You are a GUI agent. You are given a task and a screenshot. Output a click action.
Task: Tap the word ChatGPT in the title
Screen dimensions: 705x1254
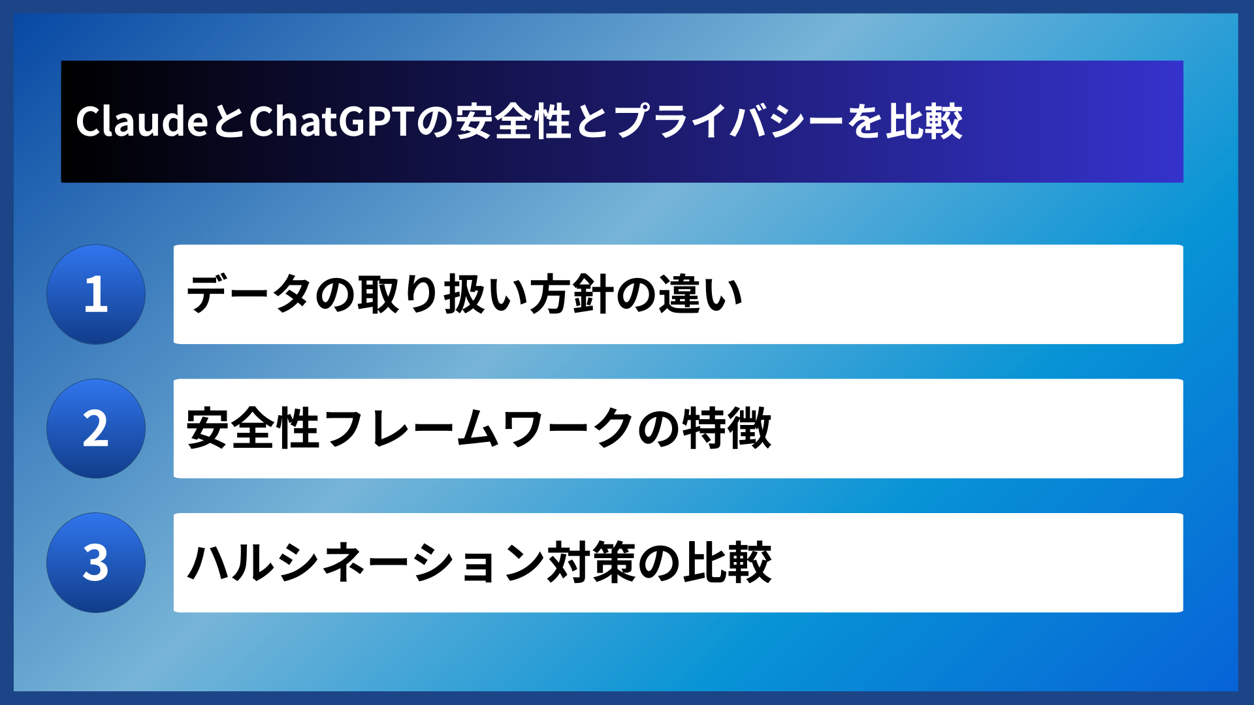click(332, 121)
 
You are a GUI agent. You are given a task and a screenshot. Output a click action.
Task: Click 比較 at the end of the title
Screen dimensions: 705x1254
click(924, 121)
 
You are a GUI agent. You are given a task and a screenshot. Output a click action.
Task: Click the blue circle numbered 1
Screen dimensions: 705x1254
click(96, 294)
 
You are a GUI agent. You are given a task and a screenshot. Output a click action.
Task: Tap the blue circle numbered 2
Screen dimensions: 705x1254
click(96, 429)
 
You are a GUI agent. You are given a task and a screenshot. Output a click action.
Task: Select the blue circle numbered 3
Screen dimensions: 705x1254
click(96, 563)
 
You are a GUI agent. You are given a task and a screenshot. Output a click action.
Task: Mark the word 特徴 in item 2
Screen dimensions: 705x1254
click(726, 429)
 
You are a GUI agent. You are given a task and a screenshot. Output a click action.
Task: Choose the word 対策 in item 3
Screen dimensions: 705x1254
click(591, 563)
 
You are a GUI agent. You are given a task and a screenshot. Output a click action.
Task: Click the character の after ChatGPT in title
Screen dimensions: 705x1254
click(435, 121)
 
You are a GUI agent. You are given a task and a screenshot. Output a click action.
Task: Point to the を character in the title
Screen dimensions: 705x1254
click(865, 121)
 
